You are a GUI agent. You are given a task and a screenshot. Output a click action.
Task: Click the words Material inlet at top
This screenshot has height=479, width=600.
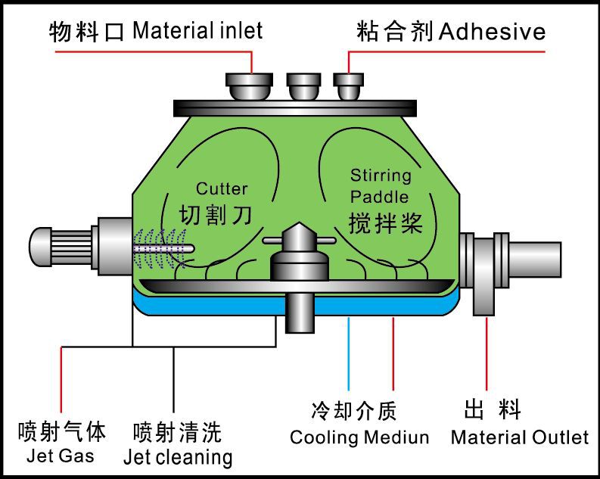[197, 31]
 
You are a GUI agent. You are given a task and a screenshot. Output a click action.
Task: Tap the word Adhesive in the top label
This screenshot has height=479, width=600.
[492, 32]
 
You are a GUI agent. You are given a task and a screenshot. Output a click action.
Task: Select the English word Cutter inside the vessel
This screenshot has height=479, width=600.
[222, 188]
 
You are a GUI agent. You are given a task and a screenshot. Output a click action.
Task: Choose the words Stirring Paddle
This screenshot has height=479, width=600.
[381, 186]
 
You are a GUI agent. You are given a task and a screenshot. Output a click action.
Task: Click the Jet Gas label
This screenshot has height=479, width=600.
[60, 456]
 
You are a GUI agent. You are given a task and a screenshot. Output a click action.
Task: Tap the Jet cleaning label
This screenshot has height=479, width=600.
[177, 457]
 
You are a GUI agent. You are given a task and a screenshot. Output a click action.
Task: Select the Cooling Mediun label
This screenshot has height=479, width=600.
[359, 437]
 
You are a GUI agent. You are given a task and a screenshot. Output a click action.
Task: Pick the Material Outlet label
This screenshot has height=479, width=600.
[519, 437]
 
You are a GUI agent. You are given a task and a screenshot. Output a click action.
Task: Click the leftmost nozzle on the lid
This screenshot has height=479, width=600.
[250, 86]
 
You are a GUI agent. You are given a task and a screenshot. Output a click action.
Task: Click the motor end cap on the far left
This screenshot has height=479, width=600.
[39, 244]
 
